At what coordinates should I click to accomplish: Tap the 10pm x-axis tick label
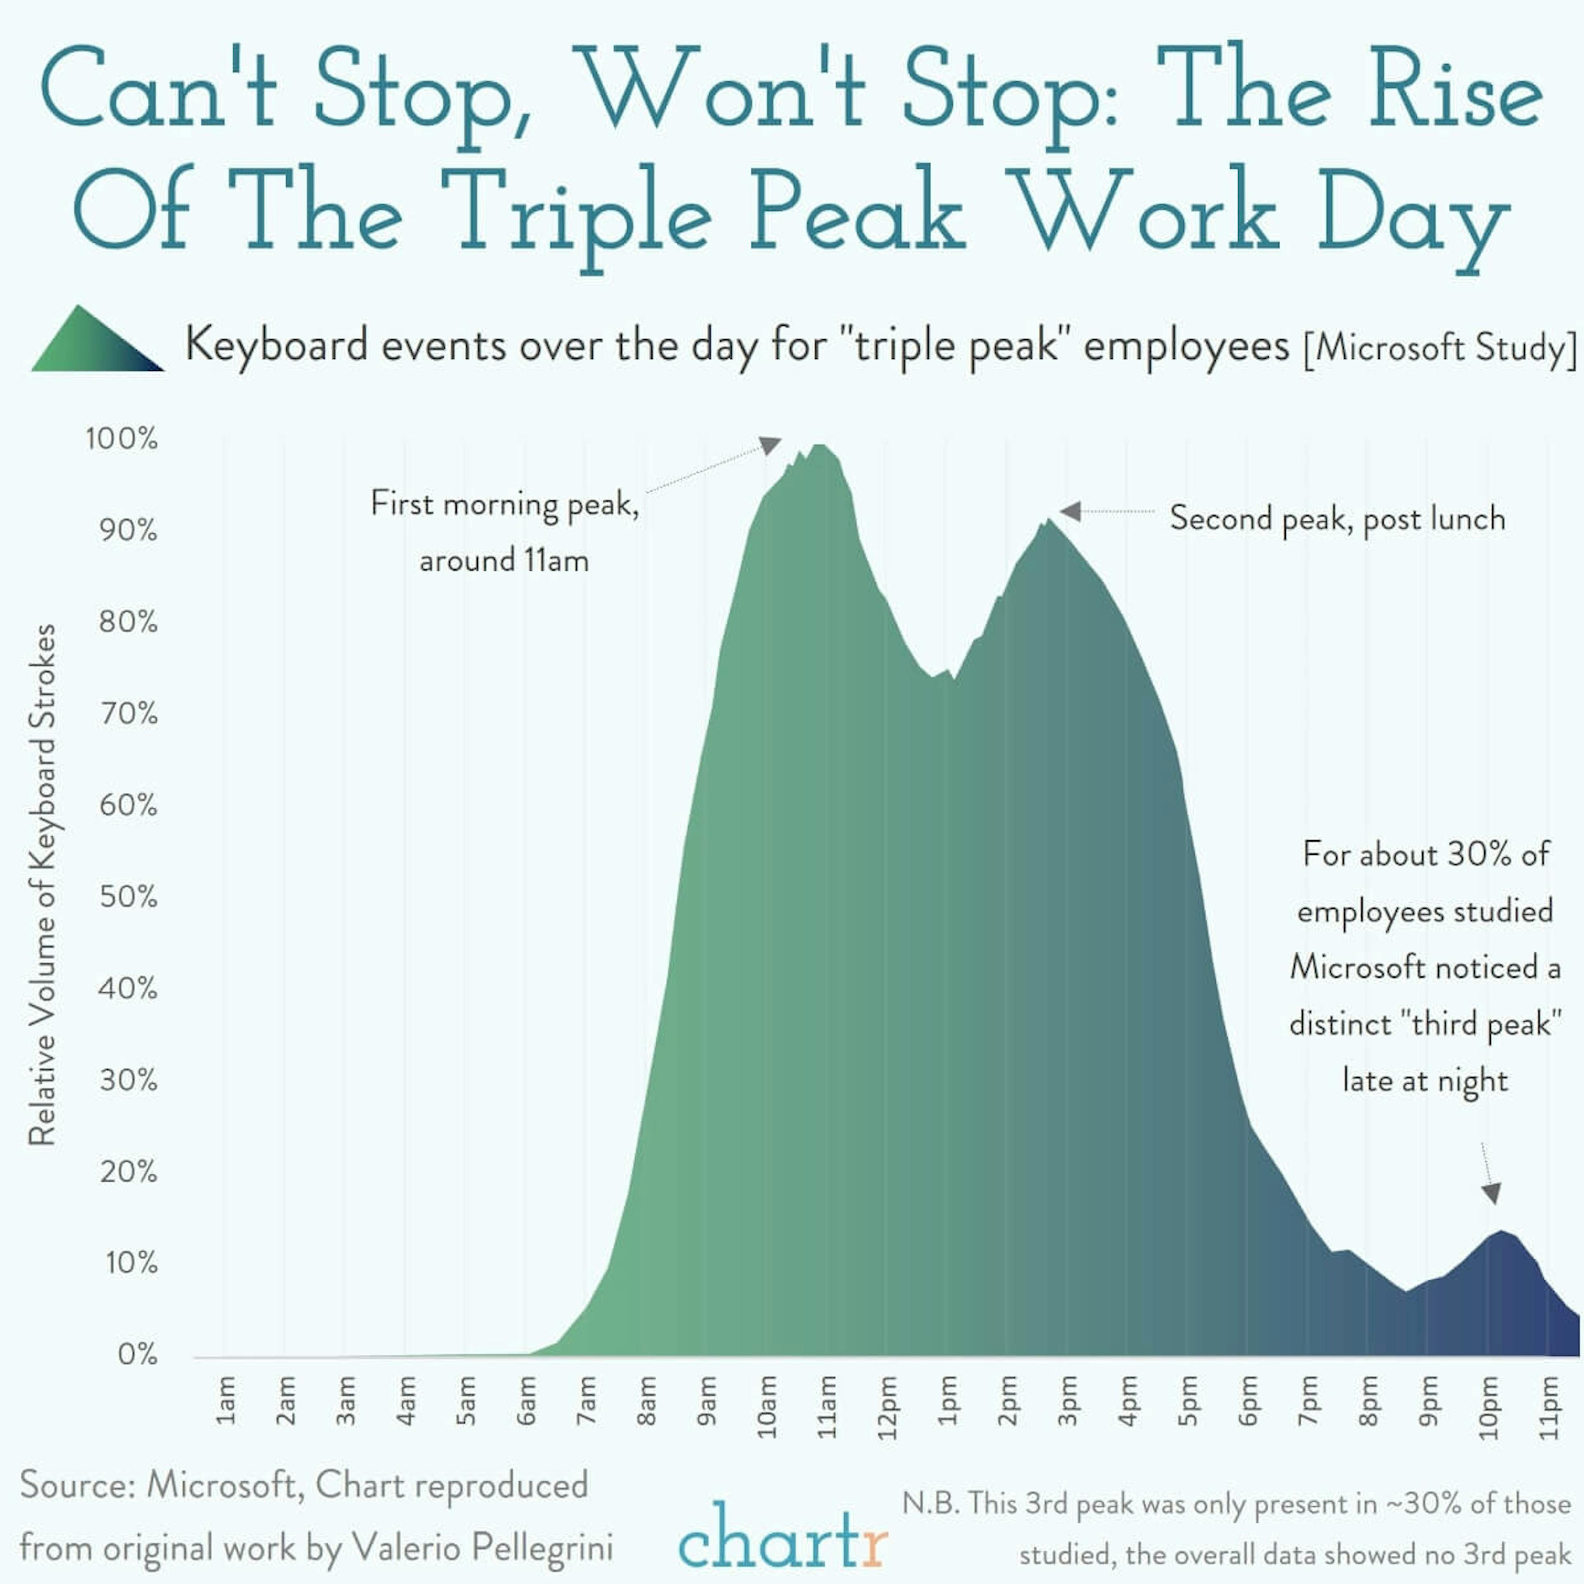coord(1489,1407)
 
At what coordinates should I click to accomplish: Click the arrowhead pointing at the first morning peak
coord(771,445)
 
